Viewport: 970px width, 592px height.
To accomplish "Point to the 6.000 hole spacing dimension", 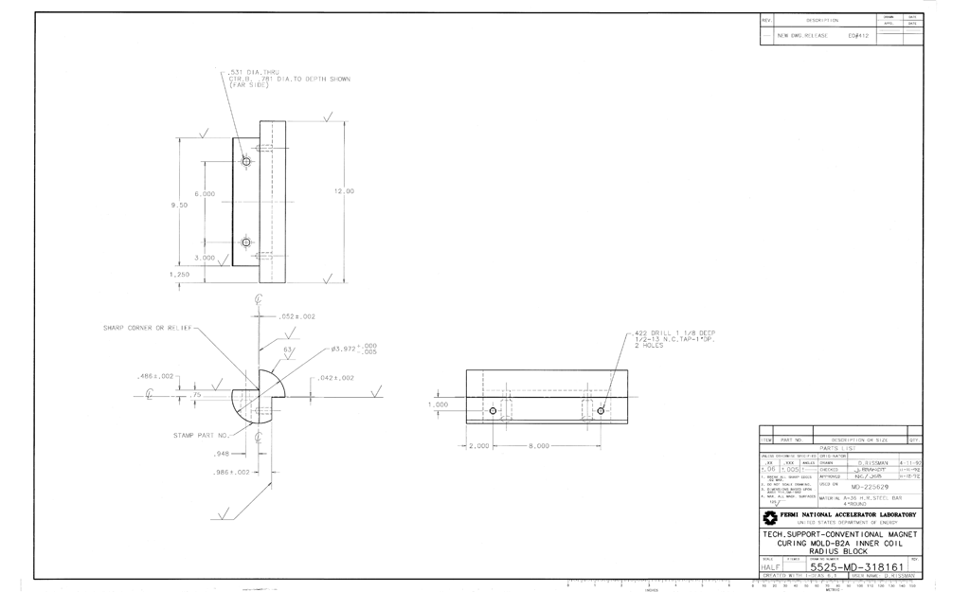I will pos(205,193).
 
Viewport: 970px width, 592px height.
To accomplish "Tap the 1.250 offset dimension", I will pos(179,274).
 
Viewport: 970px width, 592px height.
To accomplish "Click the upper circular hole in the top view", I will pos(246,161).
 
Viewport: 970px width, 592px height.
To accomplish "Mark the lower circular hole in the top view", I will pos(246,242).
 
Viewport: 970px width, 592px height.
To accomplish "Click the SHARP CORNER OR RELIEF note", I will pos(148,329).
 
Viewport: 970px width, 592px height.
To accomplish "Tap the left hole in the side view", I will pos(493,411).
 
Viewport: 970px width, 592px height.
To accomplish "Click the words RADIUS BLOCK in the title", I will pos(841,549).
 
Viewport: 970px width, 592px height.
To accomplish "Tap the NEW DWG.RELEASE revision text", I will pos(802,35).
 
